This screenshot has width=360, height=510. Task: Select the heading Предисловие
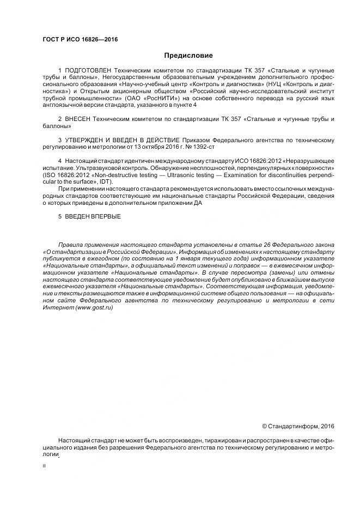coord(188,56)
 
